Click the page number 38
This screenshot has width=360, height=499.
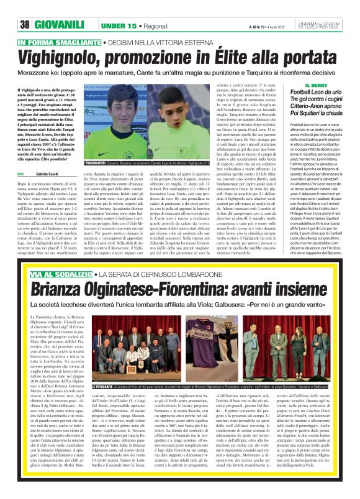coord(25,24)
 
